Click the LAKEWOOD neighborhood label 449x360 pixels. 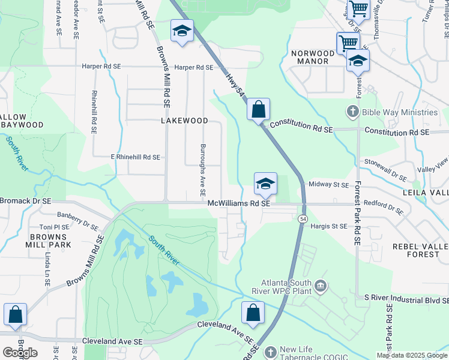184,121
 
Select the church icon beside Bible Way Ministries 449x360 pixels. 352,112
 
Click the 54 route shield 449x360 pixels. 303,220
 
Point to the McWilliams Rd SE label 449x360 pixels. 239,204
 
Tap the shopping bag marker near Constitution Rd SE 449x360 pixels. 258,110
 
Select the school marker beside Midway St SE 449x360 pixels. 265,184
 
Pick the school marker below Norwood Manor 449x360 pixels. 358,61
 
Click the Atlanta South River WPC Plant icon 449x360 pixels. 321,285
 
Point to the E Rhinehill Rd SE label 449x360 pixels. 136,157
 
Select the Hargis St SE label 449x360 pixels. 330,226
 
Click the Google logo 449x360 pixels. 20,353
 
